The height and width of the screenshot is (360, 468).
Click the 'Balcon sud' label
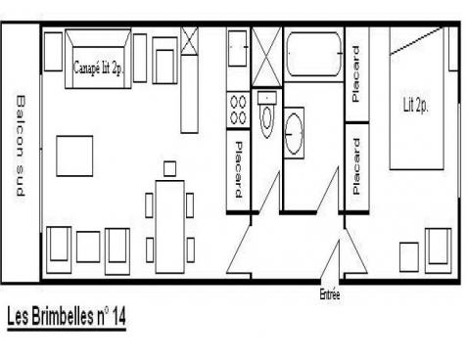coord(21,146)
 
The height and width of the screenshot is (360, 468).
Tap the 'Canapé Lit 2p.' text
coord(98,67)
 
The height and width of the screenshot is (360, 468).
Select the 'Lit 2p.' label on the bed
coord(415,105)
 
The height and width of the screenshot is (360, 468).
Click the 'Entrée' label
coord(330,294)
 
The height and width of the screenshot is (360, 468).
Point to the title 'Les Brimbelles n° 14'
coord(67,316)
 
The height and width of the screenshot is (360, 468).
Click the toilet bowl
coord(267,114)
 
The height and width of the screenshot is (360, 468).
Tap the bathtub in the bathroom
coord(314,54)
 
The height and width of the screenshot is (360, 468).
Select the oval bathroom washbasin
coord(294,134)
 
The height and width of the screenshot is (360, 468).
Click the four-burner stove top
coord(238,110)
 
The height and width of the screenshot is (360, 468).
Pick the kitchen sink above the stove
coord(237,48)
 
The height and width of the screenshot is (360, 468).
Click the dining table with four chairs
coord(170,227)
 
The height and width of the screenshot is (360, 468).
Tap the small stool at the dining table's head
coord(169,168)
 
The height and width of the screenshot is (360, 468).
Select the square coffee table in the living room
coord(74,156)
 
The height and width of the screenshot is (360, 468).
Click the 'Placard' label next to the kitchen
coord(239,169)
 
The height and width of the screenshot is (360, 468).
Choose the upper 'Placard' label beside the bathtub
coord(356,73)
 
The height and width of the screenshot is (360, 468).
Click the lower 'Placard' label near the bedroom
coord(356,166)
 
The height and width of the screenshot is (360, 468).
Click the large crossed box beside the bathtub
coord(266,57)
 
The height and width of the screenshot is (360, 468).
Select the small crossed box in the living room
coord(189,41)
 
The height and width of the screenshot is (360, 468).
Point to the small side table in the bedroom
coord(409,257)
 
